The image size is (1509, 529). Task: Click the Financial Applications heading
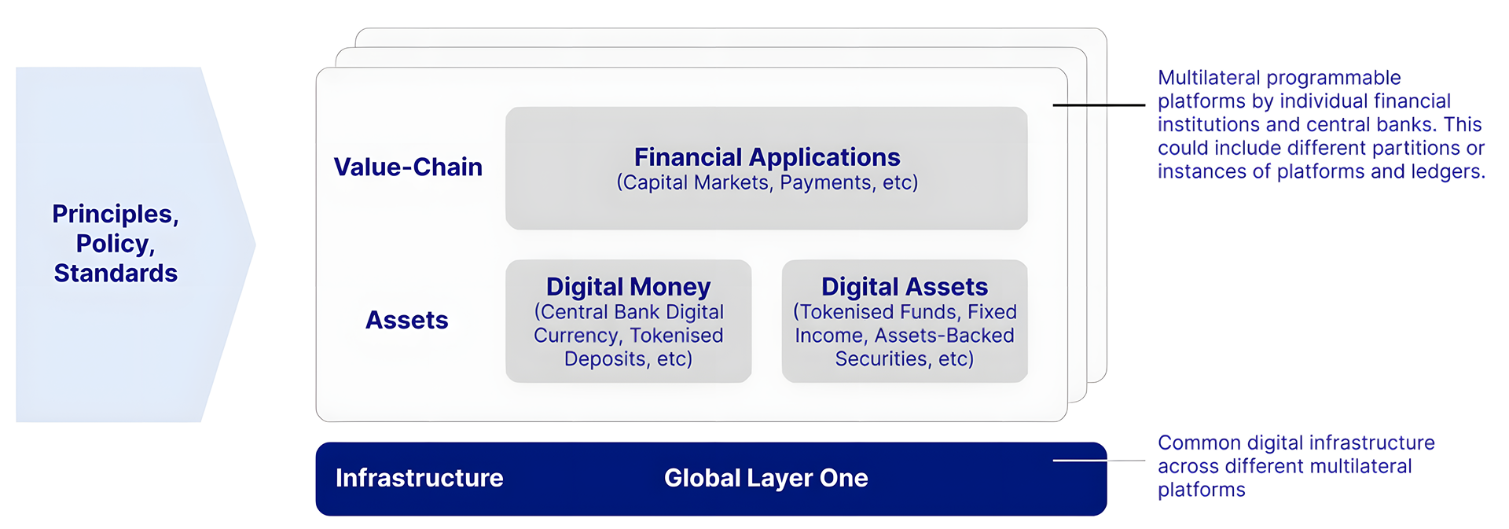(767, 157)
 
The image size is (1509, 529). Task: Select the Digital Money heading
(628, 287)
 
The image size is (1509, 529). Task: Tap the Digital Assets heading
(905, 287)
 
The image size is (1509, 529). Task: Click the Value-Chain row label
(408, 167)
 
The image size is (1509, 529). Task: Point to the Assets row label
(407, 320)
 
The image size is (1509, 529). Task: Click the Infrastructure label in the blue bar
(420, 478)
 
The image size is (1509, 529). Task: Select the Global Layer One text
(766, 478)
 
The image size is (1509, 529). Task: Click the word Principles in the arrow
(116, 215)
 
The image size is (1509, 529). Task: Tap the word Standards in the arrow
(116, 273)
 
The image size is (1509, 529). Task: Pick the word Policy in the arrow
(116, 244)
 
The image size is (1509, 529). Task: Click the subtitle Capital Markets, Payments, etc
(767, 183)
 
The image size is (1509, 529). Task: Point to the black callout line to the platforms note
(1099, 105)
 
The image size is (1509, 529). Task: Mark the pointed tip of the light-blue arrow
(255, 244)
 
